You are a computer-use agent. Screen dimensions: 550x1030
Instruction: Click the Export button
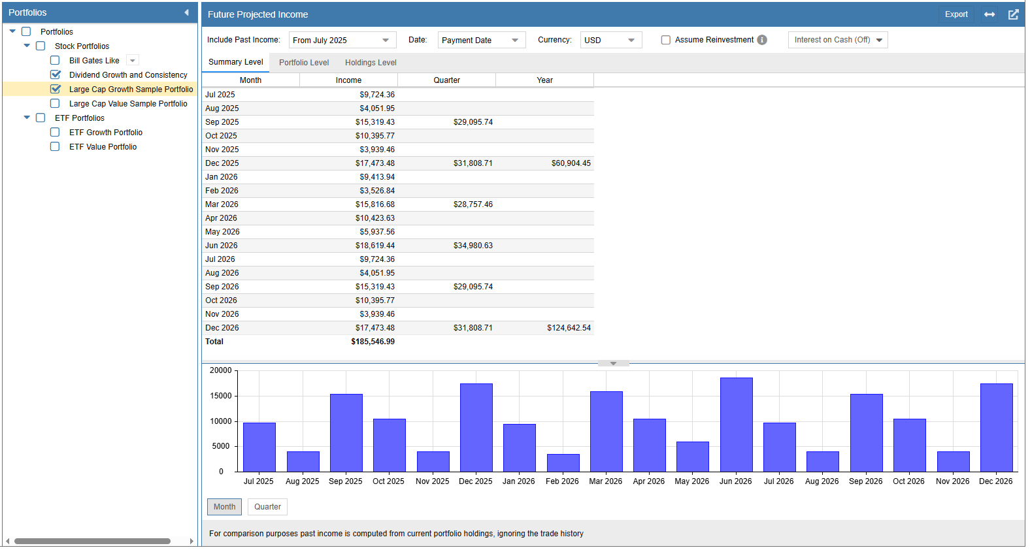(x=955, y=14)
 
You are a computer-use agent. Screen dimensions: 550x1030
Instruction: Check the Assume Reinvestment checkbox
(x=666, y=40)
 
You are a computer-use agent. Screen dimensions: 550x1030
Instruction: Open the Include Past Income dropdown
(x=342, y=40)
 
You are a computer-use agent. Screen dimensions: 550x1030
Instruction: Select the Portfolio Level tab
(x=304, y=63)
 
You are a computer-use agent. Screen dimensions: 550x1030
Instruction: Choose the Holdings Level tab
(x=371, y=63)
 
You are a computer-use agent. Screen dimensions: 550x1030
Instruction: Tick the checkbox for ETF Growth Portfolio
(x=55, y=133)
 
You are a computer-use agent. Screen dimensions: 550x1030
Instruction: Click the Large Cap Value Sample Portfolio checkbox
(x=55, y=104)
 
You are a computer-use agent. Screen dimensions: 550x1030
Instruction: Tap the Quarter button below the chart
(x=267, y=507)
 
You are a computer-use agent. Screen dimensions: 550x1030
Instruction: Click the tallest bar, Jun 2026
(x=736, y=425)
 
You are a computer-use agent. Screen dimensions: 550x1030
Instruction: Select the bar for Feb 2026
(x=563, y=462)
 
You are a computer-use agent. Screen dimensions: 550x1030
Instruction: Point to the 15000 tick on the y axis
(x=221, y=396)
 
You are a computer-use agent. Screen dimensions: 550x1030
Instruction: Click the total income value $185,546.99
(x=373, y=342)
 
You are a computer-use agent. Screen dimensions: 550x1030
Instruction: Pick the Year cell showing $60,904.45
(x=571, y=163)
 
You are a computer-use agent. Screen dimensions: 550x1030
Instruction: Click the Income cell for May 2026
(x=376, y=232)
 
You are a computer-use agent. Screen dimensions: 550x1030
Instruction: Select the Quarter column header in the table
(x=446, y=80)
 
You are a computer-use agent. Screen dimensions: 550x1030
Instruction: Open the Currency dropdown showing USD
(x=610, y=40)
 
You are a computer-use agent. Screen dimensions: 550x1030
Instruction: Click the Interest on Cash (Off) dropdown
(x=837, y=40)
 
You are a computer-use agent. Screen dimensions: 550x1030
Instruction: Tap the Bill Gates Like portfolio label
(x=94, y=61)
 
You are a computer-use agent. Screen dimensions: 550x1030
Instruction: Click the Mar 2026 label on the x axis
(x=605, y=481)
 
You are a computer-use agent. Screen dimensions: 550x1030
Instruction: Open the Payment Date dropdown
(x=480, y=40)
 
